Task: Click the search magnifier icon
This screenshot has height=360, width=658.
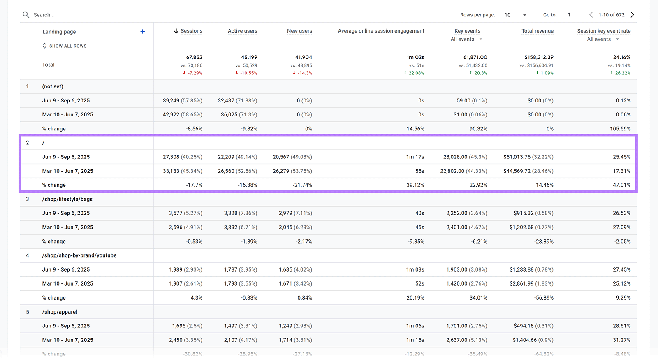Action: pyautogui.click(x=26, y=15)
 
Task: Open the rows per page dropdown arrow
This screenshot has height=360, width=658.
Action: pyautogui.click(x=524, y=15)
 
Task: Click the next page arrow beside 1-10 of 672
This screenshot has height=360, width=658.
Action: pyautogui.click(x=633, y=15)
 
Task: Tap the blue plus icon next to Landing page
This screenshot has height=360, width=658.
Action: pyautogui.click(x=142, y=31)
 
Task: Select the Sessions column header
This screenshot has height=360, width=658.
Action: pyautogui.click(x=191, y=31)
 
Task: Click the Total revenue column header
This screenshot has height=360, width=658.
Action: pyautogui.click(x=537, y=31)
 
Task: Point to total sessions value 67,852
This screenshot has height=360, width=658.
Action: pyautogui.click(x=194, y=57)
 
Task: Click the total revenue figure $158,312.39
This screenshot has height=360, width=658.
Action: pyautogui.click(x=539, y=57)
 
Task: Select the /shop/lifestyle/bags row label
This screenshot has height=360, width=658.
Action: pyautogui.click(x=67, y=199)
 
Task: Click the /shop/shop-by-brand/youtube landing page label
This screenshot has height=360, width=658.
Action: pyautogui.click(x=79, y=255)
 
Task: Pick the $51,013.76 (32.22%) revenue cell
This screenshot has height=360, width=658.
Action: pyautogui.click(x=528, y=157)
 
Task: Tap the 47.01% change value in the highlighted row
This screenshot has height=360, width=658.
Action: pyautogui.click(x=621, y=185)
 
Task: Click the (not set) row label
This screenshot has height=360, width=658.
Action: pyautogui.click(x=53, y=86)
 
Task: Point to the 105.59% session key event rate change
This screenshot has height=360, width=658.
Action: pyautogui.click(x=620, y=129)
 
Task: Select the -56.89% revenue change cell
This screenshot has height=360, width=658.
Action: pyautogui.click(x=544, y=298)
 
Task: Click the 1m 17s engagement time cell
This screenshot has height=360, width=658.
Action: pyautogui.click(x=415, y=157)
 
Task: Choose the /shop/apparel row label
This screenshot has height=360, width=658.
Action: pyautogui.click(x=60, y=312)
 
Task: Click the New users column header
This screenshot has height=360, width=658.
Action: pyautogui.click(x=299, y=31)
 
